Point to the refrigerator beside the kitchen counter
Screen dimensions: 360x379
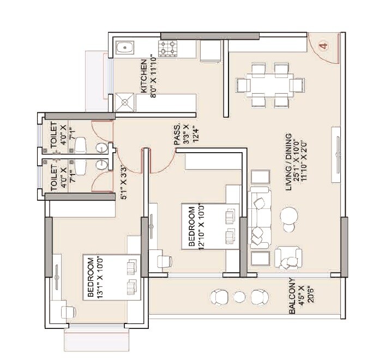pyautogui.click(x=210, y=52)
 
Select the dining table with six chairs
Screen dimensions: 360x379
pyautogui.click(x=269, y=85)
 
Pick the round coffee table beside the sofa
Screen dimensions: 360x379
pyautogui.click(x=289, y=218)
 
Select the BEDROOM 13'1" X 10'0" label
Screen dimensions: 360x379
pyautogui.click(x=95, y=277)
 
